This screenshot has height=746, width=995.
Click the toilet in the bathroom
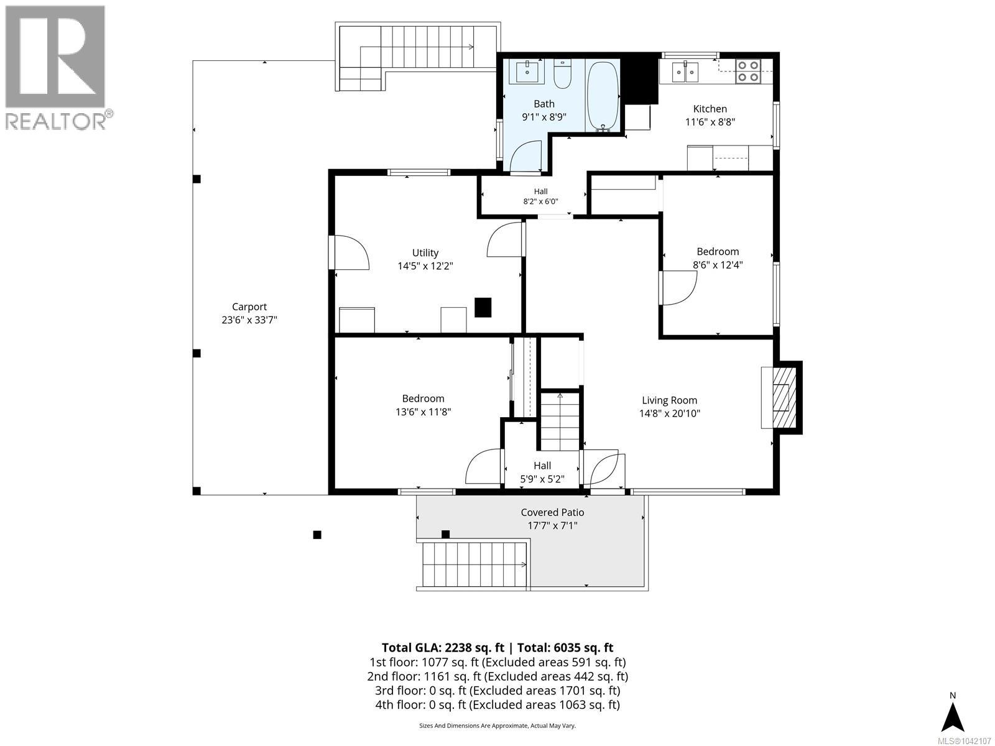point(562,74)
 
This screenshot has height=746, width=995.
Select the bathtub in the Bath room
point(603,96)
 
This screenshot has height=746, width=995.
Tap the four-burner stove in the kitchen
point(748,71)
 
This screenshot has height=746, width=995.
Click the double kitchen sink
point(685,72)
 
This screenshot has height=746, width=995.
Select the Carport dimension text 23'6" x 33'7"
point(249,320)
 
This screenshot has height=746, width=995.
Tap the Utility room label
point(425,253)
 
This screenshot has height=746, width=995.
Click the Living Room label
point(669,400)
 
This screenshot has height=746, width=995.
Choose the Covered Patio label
point(552,512)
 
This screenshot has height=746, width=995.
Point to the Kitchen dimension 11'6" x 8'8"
point(710,122)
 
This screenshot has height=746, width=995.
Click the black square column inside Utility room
point(483,307)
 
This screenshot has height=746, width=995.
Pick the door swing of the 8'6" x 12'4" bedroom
point(678,288)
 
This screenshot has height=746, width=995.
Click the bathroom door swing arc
point(526,156)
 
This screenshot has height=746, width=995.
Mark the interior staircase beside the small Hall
point(560,421)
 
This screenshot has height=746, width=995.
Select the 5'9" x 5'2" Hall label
point(542,472)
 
